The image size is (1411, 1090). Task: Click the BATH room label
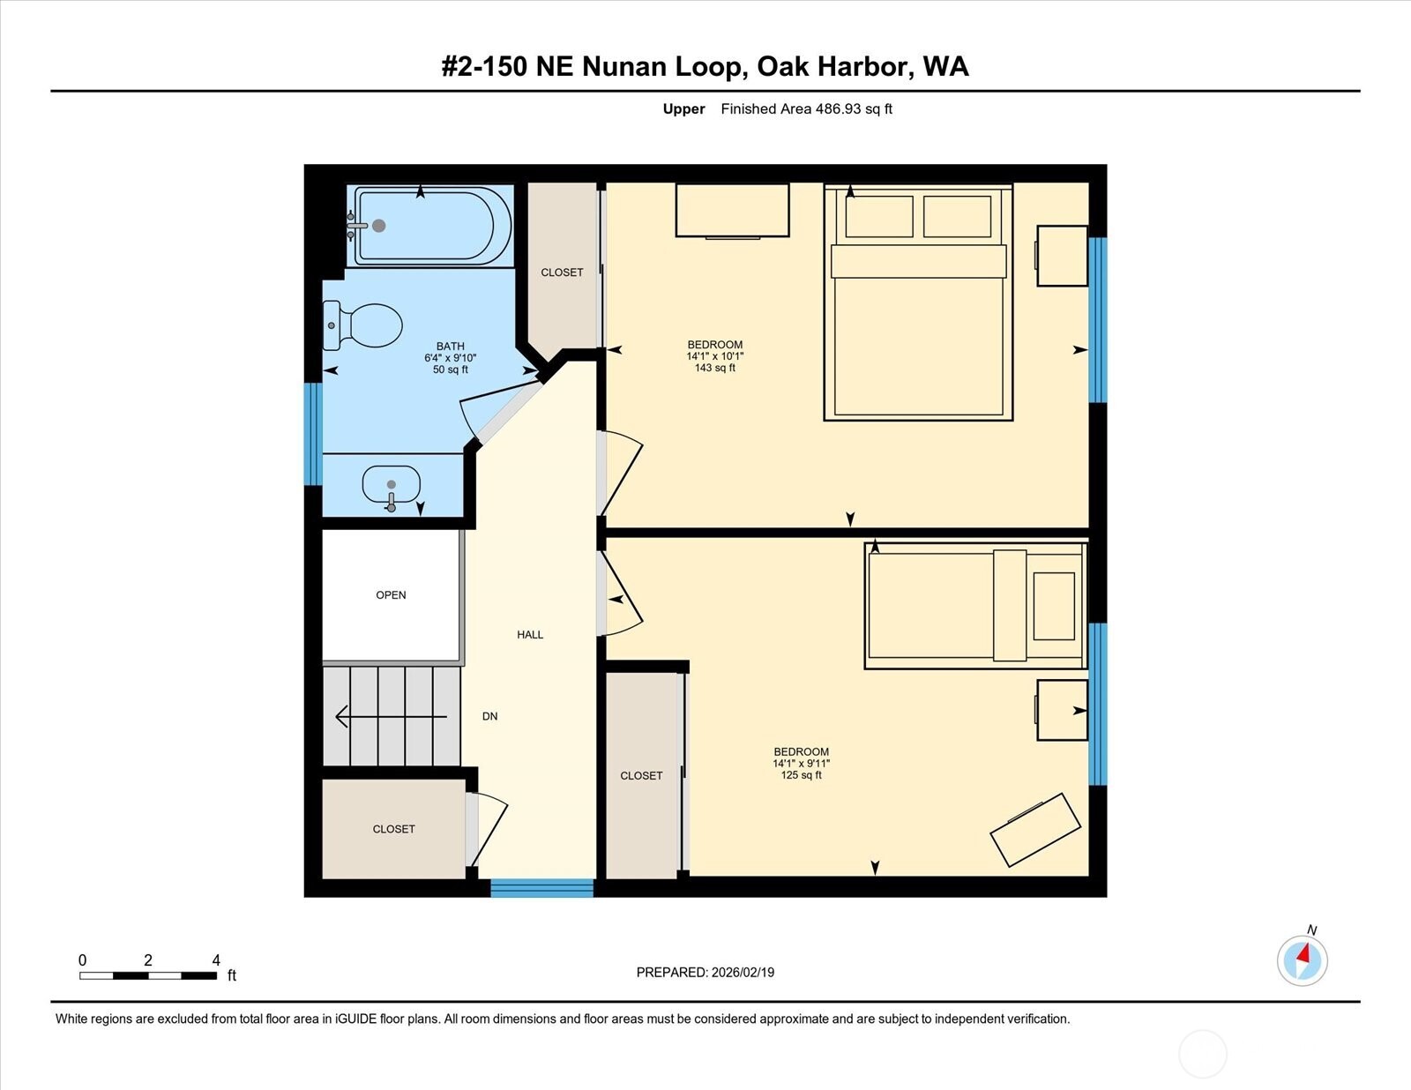tap(450, 347)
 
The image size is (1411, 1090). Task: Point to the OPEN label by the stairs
tap(391, 595)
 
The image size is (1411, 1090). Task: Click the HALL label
tap(530, 635)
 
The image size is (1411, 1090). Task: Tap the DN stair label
tap(489, 716)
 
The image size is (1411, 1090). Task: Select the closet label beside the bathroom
tap(562, 272)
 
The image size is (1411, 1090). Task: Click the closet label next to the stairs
tap(393, 829)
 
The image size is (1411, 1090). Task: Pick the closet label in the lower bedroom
tap(641, 776)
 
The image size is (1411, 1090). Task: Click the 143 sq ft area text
tap(714, 368)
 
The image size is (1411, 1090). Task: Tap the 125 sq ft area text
tap(801, 775)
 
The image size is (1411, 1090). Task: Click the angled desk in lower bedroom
tap(1035, 829)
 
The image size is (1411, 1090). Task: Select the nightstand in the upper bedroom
tap(1062, 256)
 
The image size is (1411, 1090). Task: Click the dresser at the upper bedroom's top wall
tap(732, 210)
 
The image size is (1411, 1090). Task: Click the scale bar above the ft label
tap(147, 975)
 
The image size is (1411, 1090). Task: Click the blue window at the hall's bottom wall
tap(541, 888)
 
